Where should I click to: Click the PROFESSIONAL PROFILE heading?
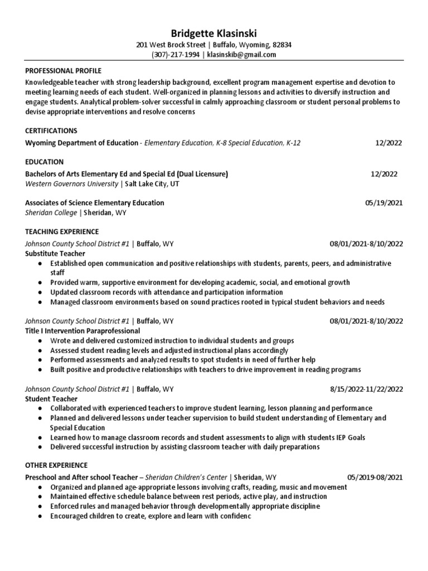point(64,71)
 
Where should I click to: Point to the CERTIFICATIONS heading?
point(51,130)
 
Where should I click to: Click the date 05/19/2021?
point(383,203)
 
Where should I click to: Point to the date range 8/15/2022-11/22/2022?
point(366,389)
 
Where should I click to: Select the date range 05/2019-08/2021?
point(374,477)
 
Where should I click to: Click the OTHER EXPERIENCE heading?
point(56,465)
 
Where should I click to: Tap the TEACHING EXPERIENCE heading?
point(62,231)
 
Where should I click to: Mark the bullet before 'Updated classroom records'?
point(41,292)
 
